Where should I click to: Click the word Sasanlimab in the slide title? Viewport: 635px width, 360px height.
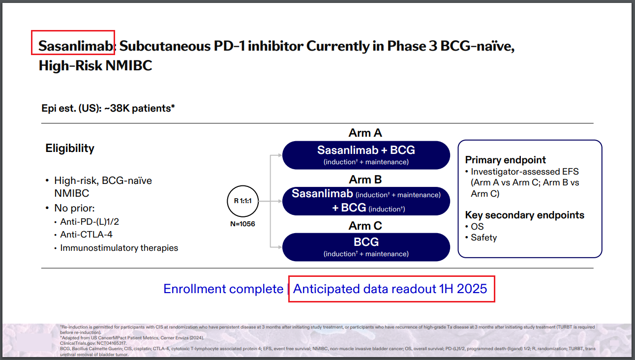[x=76, y=46]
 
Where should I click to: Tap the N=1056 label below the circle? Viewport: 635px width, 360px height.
[x=242, y=224]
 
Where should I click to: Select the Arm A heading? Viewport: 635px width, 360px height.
[x=365, y=133]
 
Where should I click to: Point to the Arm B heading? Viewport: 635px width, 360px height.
[x=365, y=180]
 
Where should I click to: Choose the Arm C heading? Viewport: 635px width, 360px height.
[x=365, y=226]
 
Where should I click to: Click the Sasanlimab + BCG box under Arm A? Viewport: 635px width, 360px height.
[x=366, y=155]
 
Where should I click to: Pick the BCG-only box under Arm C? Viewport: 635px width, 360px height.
[x=366, y=247]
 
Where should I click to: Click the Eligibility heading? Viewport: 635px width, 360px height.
[x=70, y=149]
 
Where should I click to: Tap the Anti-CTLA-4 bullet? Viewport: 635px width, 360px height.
[x=86, y=235]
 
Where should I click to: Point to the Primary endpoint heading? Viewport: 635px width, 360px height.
[x=506, y=160]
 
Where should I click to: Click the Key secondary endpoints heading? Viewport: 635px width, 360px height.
[x=525, y=215]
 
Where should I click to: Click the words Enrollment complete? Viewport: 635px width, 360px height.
[x=223, y=289]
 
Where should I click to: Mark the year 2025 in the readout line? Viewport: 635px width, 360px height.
[x=472, y=289]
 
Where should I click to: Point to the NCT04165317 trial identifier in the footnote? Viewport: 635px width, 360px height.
[x=112, y=343]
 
